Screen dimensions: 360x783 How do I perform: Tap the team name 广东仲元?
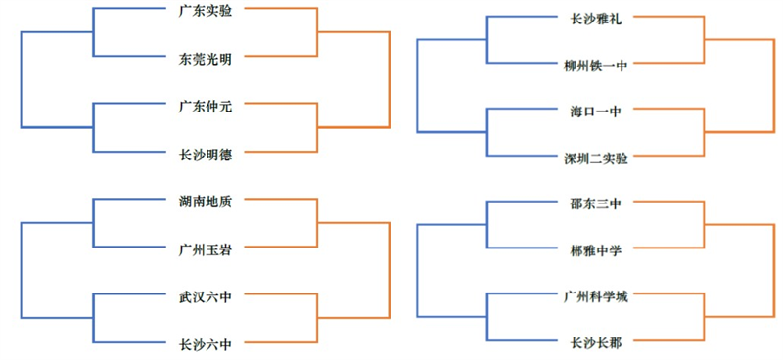coord(206,105)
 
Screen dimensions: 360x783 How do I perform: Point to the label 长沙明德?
coord(206,153)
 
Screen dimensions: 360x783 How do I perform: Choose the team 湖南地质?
coord(206,201)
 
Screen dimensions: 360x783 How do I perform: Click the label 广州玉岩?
coord(206,248)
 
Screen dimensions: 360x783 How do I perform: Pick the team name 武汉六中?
coord(206,295)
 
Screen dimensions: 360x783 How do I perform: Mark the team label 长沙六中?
coord(206,343)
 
